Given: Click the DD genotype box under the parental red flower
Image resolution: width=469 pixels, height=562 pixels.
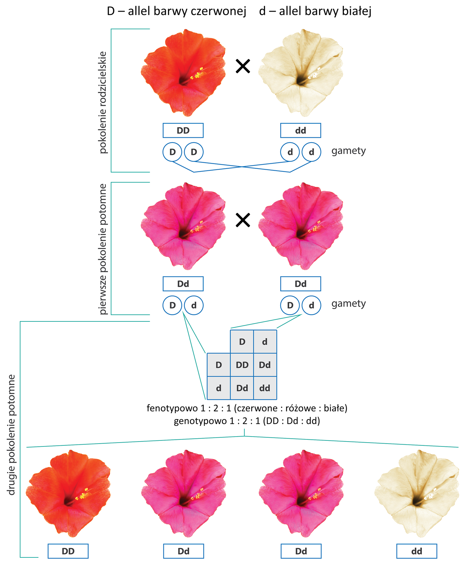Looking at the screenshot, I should coord(183,130).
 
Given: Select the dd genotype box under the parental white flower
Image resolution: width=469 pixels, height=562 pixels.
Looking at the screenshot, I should coord(300,130).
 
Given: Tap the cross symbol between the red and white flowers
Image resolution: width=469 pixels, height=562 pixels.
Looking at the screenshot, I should coord(243,66).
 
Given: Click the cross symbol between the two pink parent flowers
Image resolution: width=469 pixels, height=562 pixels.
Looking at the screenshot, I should coord(243,220).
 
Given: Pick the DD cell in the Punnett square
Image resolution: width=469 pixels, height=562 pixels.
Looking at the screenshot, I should coord(242,365).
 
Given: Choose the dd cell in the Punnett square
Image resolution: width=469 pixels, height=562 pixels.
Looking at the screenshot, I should coord(265,388).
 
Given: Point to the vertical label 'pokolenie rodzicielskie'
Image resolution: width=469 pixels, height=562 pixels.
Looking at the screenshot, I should coord(103,102).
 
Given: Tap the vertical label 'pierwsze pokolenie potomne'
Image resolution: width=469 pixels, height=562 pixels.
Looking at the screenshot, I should coord(103,249).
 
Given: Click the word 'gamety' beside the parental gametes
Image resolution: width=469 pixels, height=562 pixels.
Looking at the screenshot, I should coord(348,151).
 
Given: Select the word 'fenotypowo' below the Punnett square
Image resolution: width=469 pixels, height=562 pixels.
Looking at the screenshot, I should coord(167,408).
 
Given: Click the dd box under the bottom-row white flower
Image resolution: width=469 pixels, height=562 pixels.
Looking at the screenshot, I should coord(417,551).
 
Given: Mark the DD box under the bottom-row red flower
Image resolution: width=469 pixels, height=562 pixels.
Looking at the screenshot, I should coord(68,551).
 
